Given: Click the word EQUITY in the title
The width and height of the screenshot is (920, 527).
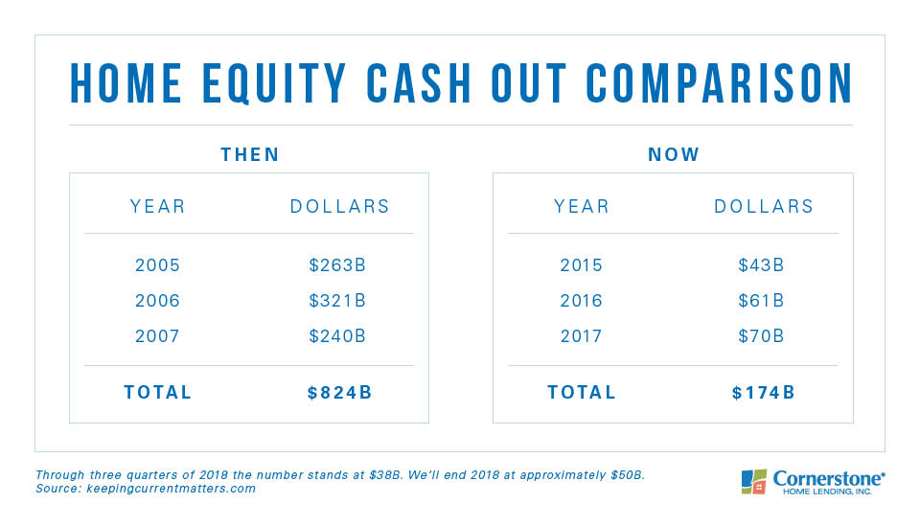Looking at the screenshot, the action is tap(275, 83).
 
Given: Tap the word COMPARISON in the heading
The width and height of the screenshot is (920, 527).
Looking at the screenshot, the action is tap(720, 83).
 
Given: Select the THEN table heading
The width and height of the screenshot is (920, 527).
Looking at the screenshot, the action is tap(250, 154).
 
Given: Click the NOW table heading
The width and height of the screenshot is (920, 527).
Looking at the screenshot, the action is tap(674, 154).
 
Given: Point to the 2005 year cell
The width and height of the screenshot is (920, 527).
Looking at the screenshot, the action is tap(157, 265).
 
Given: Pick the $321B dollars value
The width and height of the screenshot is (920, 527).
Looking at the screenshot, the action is tap(337, 301).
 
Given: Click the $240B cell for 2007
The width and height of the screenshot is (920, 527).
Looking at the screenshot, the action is tap(337, 336).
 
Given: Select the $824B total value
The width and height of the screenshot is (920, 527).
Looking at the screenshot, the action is tap(339, 393).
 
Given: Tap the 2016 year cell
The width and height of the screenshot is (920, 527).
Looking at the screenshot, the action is tap(581, 301).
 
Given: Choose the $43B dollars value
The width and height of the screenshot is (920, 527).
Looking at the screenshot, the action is tap(761, 265).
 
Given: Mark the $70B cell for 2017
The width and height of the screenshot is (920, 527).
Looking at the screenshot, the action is tap(761, 336).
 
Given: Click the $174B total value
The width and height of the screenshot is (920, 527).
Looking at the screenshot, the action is tap(764, 393).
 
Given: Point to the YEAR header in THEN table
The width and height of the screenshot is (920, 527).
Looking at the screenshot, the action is tap(158, 207).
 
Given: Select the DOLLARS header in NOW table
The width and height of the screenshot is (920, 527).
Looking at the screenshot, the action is tap(764, 207).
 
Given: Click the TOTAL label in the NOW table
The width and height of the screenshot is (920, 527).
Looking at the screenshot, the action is tap(582, 393).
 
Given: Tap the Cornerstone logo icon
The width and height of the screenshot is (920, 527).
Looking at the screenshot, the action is tap(754, 482).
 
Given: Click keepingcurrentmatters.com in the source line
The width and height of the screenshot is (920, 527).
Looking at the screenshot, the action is tap(172, 489).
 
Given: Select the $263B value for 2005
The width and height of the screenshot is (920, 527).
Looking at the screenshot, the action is tap(337, 265).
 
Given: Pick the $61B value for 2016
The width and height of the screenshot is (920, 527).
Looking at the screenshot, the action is tap(761, 301).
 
